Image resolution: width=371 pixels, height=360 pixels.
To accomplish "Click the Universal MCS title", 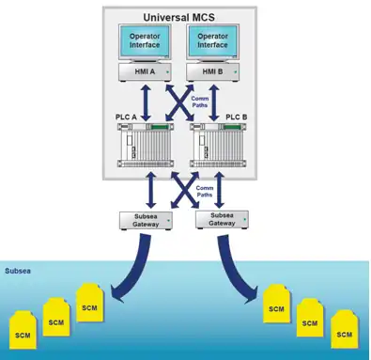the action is point(178,17).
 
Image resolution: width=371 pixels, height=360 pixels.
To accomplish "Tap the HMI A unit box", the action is point(145,72).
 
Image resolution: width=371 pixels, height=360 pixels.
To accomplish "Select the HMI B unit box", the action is point(212,72).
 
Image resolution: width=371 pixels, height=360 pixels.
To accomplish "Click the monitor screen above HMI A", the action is point(145,40).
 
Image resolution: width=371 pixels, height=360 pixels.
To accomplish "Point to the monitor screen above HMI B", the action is point(212,40).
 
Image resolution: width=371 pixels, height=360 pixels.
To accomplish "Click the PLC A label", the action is point(126,117).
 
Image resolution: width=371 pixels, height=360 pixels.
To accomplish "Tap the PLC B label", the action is point(237,117).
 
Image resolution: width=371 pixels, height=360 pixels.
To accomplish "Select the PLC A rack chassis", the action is point(146,145).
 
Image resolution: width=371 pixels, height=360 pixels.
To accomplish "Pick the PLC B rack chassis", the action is point(218,145).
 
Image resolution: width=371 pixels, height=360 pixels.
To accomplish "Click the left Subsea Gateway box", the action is point(146,221).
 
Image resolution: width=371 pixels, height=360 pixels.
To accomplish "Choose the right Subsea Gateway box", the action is point(222,220).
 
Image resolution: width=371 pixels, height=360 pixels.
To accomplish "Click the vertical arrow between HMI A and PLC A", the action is point(146,103).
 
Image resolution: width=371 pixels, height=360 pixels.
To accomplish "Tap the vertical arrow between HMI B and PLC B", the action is point(214,102).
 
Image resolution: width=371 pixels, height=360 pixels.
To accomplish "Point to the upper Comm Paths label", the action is point(200,102).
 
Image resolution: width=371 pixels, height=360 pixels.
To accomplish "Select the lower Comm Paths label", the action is point(205,191).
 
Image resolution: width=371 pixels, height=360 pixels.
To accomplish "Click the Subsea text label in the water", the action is point(18,271).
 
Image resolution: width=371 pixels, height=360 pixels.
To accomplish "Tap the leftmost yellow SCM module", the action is point(23,330).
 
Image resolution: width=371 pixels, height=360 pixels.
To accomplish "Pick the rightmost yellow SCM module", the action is point(345,329).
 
